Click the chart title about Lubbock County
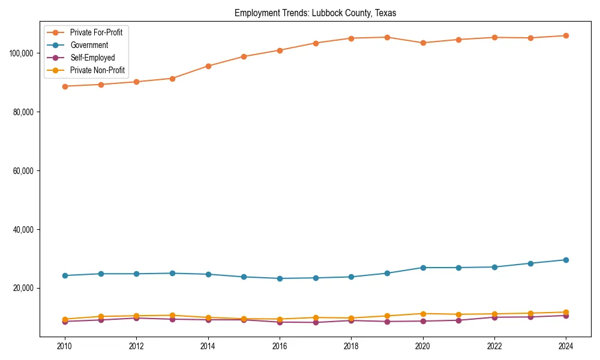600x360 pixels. (315, 13)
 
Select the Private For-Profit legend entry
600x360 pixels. (96, 32)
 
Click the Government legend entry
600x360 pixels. (89, 45)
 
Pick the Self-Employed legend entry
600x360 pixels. (92, 58)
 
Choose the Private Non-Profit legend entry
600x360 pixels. (97, 70)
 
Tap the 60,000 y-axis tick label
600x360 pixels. (23, 171)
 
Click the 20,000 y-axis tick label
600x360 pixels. (23, 289)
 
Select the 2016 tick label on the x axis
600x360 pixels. (280, 346)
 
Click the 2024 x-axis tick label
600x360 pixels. (566, 346)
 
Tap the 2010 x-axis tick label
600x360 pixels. (65, 346)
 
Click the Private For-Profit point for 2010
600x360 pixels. (65, 86)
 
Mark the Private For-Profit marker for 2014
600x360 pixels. (208, 66)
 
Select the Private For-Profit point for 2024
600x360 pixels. (566, 36)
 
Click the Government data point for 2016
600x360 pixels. (280, 278)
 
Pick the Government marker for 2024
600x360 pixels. (566, 260)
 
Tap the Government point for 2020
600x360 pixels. (423, 268)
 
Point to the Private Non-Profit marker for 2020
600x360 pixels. (423, 314)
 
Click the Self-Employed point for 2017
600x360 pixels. (316, 323)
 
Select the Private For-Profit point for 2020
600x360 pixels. (423, 43)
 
